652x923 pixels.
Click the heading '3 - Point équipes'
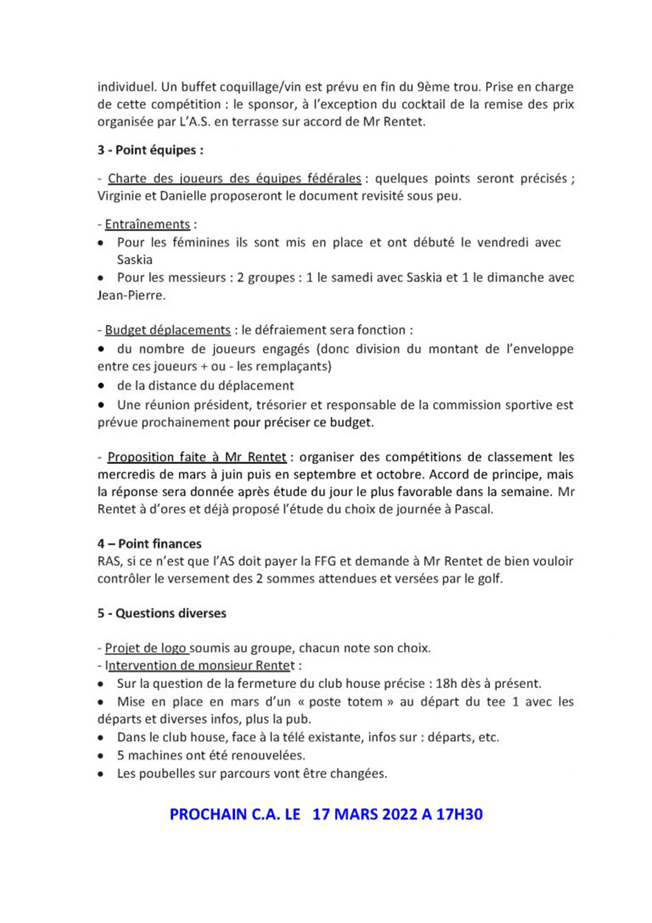(150, 150)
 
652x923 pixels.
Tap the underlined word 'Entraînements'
(148, 225)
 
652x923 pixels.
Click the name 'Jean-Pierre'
(131, 295)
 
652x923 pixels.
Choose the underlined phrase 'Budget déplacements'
(168, 330)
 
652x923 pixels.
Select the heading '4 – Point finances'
(149, 544)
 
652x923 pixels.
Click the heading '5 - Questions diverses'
(161, 613)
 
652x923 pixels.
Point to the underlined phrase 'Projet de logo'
(146, 648)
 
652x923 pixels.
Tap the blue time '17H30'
(459, 814)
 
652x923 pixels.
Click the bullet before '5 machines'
(100, 756)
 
